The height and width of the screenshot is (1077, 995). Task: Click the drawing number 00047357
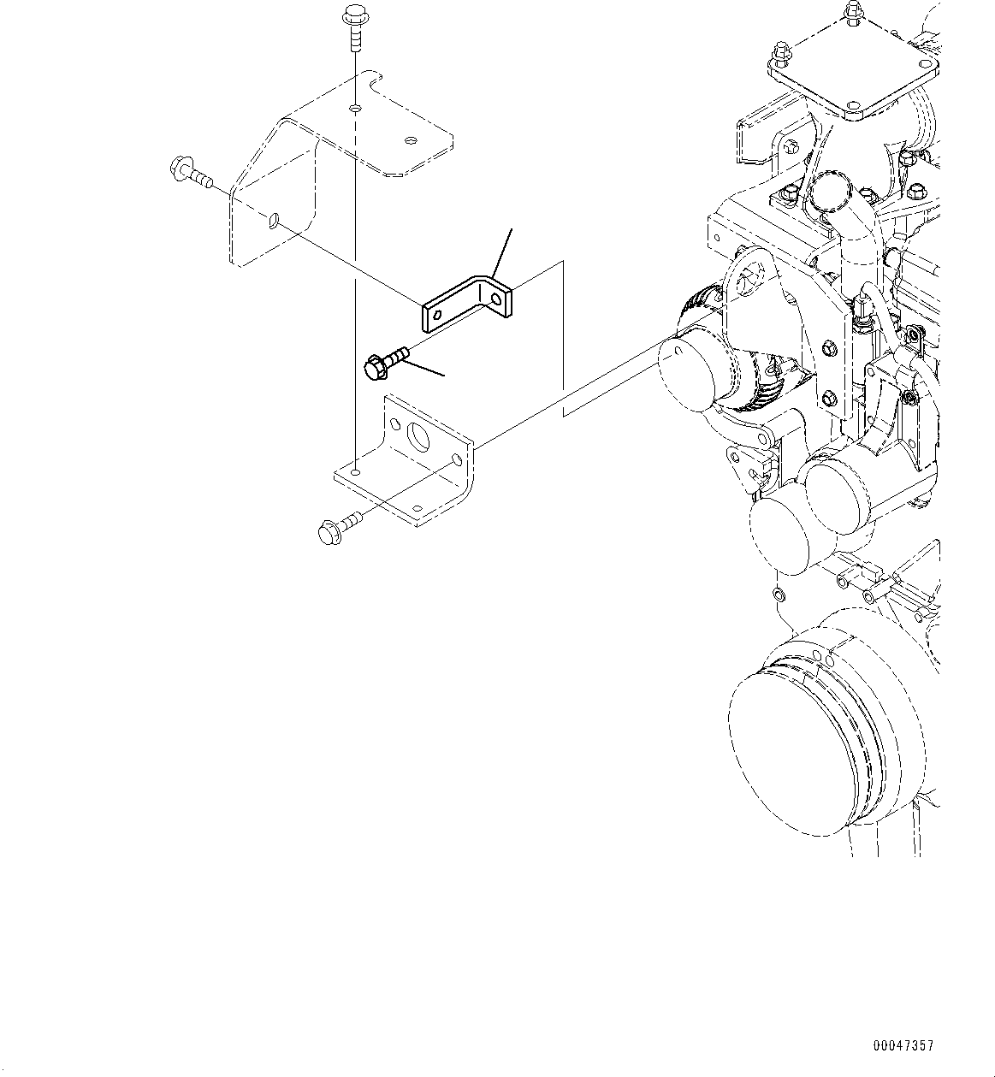pos(903,1046)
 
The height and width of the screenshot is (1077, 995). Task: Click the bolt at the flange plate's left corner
pos(779,57)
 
